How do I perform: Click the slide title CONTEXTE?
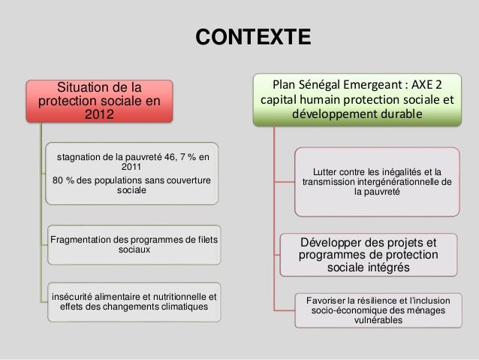point(252,37)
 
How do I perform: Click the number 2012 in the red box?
point(99,115)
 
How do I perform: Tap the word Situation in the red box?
point(85,85)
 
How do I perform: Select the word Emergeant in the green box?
point(383,83)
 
